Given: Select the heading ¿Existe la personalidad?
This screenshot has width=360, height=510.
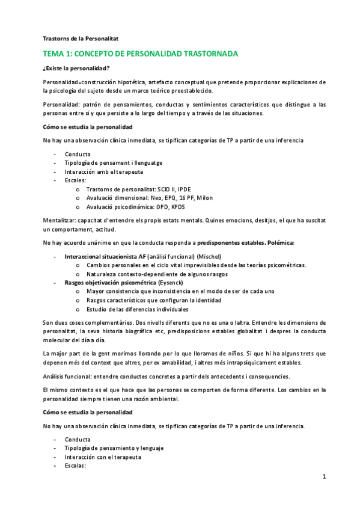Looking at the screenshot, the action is [76, 69].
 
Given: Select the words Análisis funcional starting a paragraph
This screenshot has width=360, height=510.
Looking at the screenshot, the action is [68, 376].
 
